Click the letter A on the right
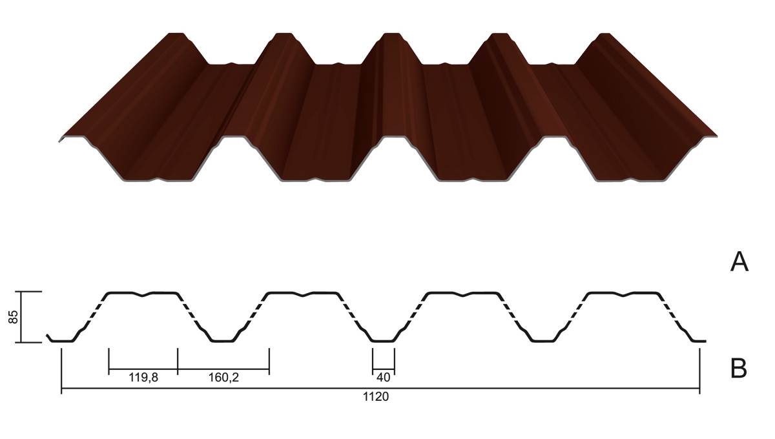pos(739,262)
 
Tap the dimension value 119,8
pos(143,378)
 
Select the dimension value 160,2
pos(223,378)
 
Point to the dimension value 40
pos(384,378)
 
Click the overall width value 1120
pos(376,397)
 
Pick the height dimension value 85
pos(13,317)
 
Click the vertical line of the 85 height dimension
pos(21,317)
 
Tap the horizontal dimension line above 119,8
pos(143,369)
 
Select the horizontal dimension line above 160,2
pos(223,369)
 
